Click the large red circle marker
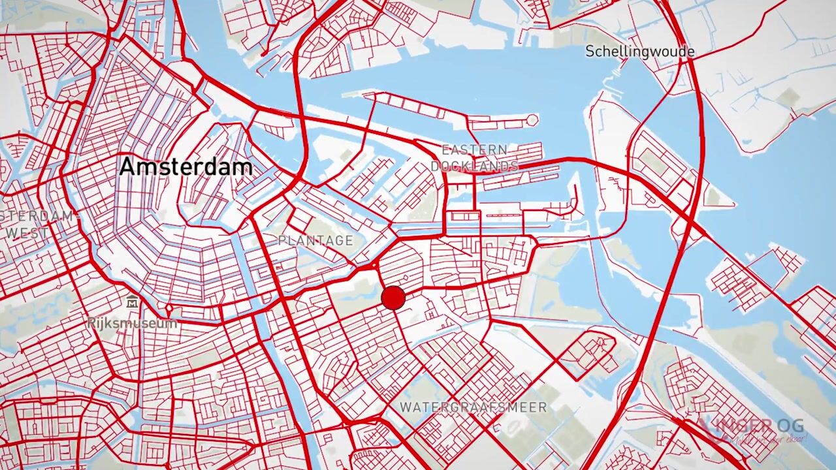point(393,298)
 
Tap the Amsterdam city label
point(186,166)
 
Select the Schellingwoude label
point(639,52)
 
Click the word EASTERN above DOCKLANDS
point(474,150)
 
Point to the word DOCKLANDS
point(474,166)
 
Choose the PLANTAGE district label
point(315,241)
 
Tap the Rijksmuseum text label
point(133,323)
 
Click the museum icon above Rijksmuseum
point(133,302)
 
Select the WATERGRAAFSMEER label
point(474,407)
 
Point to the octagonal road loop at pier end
point(532,120)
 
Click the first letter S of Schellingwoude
point(590,52)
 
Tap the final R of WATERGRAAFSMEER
point(542,407)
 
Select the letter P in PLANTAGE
point(282,241)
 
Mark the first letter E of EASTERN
point(445,150)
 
